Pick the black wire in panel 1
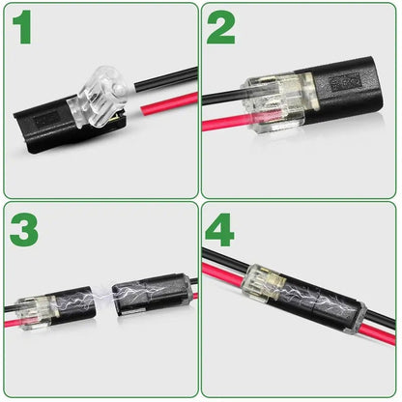tap(164, 79)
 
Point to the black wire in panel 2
tap(222, 98)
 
